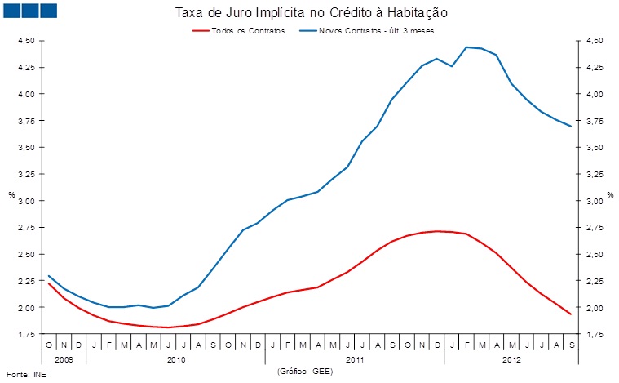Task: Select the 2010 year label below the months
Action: point(175,359)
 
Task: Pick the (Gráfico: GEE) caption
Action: point(306,372)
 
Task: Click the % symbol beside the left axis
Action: point(11,195)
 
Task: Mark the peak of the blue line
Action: point(466,47)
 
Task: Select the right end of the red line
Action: point(570,314)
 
